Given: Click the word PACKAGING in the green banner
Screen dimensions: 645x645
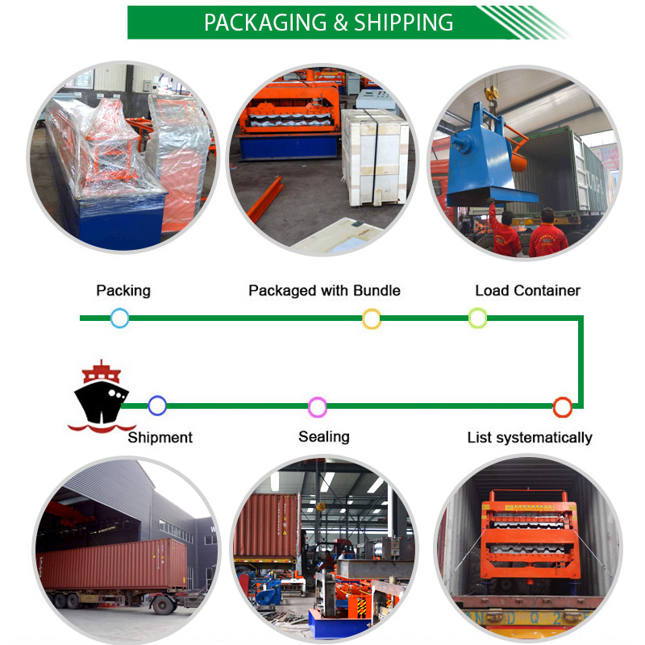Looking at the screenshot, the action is pos(265,23).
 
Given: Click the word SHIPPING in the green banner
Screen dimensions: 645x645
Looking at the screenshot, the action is pos(403,23).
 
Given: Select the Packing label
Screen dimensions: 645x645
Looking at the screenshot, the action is pos(123,290).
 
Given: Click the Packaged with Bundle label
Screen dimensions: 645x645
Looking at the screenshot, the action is pos(325,290).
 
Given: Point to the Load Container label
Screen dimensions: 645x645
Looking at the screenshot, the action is pos(528,290).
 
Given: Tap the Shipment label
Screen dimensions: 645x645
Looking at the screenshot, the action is pos(160,437).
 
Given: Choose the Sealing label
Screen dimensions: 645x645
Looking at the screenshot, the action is pos(324,437).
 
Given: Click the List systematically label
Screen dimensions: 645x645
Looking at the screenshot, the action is pos(530,437).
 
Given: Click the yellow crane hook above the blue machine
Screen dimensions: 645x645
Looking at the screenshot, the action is pos(491,94).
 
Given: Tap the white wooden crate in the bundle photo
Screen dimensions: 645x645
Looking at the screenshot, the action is pos(374,157).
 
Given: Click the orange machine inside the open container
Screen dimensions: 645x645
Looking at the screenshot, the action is pos(530,535).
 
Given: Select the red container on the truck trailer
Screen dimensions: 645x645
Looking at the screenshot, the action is pos(114,565).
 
